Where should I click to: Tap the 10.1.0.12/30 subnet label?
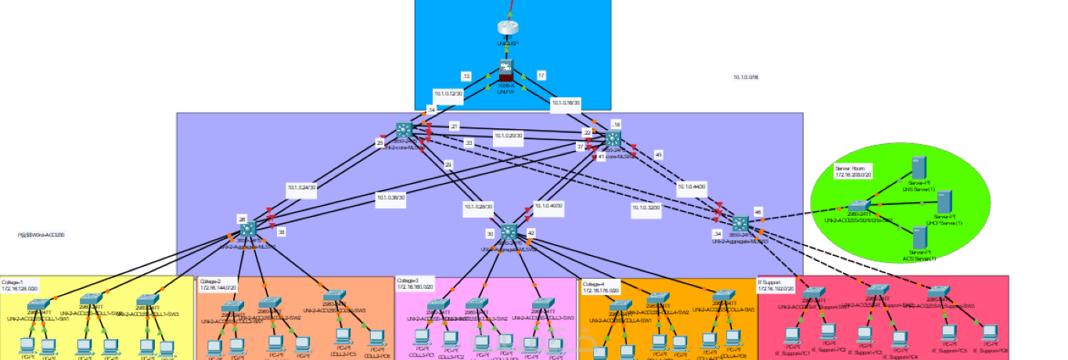448,92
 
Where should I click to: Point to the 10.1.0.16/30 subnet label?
566,103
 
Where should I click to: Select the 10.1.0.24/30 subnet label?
300,187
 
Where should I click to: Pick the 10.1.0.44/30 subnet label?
692,186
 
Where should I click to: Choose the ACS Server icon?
919,236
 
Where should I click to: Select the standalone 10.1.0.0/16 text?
746,77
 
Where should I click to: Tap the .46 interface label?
757,211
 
